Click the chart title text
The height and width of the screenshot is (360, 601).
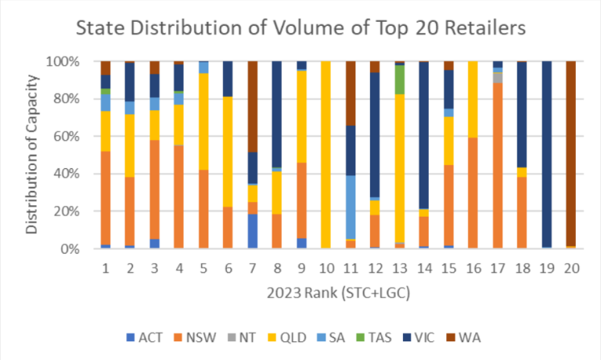(x=300, y=28)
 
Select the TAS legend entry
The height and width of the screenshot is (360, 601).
(x=374, y=337)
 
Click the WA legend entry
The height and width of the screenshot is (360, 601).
(x=463, y=337)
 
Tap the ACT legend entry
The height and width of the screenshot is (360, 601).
(x=145, y=337)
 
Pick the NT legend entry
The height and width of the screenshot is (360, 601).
(x=242, y=337)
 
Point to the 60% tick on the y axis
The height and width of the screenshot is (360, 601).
(x=63, y=136)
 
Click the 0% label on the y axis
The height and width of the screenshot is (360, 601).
(x=70, y=249)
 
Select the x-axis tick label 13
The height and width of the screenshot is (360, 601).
(x=400, y=268)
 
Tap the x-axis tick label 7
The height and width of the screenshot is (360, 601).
(x=253, y=268)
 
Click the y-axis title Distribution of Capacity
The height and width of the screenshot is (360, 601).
(x=31, y=154)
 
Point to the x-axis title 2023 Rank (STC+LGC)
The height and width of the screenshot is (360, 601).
(x=338, y=293)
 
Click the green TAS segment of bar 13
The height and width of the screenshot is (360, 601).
(x=400, y=80)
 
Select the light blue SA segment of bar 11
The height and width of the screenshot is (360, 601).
(x=351, y=207)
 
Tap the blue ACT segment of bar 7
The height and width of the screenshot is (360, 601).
(x=253, y=231)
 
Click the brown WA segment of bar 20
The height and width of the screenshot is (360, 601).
(x=571, y=153)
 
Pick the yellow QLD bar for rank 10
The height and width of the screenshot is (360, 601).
(x=326, y=155)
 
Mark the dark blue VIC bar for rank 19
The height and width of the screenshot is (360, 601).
(x=547, y=154)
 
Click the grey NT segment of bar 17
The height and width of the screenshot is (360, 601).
(x=498, y=77)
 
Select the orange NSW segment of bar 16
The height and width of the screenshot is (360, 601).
(x=473, y=193)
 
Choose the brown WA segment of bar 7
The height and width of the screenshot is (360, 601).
(x=253, y=106)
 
